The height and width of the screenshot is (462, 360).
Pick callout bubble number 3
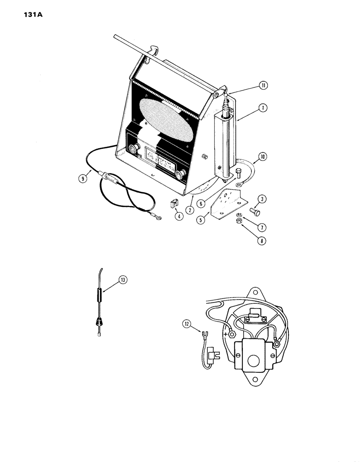262,199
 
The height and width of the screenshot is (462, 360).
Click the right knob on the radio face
181,173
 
